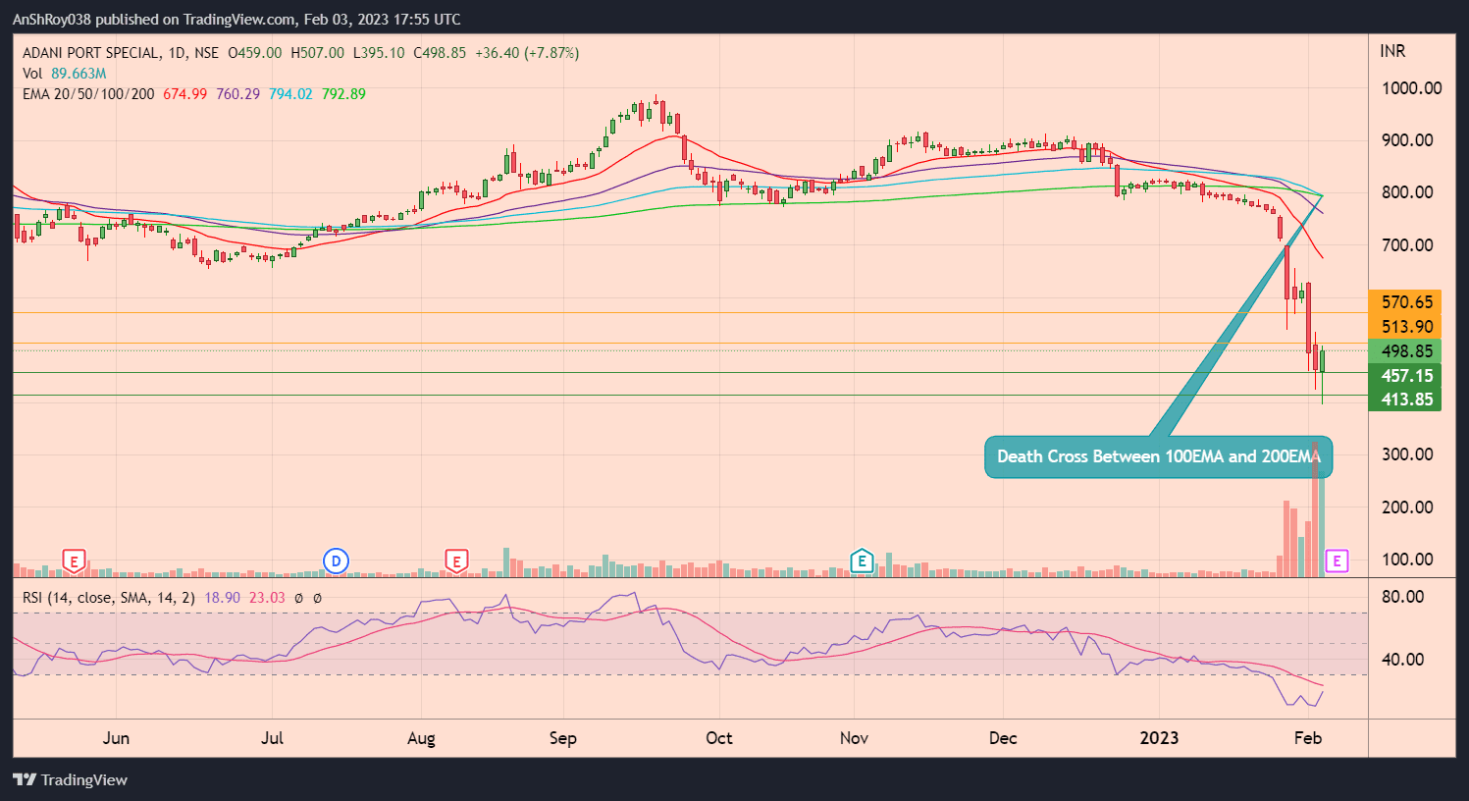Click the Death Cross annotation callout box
click(1158, 456)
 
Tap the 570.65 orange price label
click(1406, 302)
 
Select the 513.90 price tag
click(1406, 327)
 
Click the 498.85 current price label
click(1406, 351)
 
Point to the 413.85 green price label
click(1406, 400)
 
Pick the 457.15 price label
click(1406, 375)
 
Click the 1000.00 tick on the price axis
click(1411, 88)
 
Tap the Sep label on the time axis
click(563, 738)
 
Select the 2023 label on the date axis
click(1159, 738)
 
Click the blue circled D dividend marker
click(336, 561)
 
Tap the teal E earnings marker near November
click(862, 561)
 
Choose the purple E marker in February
click(1337, 561)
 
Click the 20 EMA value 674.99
click(184, 94)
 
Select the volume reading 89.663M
click(79, 74)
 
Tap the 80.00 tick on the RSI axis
click(1402, 597)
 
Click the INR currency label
click(1392, 51)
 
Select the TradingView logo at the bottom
click(71, 780)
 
